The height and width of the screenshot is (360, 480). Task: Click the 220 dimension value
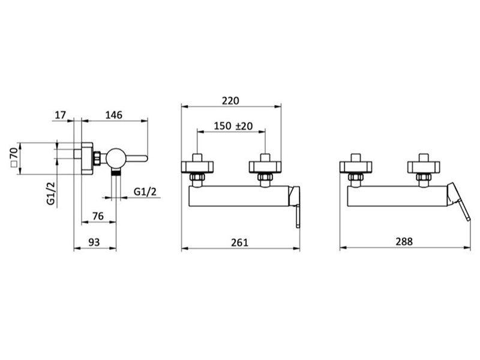click(230, 101)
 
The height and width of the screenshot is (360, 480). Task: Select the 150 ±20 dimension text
click(233, 126)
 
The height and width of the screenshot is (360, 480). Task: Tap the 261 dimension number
click(239, 242)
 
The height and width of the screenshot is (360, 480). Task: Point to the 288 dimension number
click(404, 242)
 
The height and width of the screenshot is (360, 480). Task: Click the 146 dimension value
click(113, 115)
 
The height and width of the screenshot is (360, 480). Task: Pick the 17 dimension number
click(61, 115)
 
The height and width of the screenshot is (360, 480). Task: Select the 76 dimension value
click(98, 216)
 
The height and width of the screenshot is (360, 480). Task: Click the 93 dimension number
click(94, 242)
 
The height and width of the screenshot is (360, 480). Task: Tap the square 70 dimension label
click(14, 157)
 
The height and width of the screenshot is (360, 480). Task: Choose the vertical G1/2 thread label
click(51, 193)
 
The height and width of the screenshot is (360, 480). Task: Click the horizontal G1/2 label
click(145, 191)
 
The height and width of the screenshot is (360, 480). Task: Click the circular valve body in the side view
click(116, 158)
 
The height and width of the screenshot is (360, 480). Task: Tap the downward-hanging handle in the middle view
click(298, 217)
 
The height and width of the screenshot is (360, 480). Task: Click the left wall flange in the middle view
click(197, 167)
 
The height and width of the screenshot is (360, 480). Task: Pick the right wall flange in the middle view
click(265, 167)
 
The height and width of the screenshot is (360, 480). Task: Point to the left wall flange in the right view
click(356, 167)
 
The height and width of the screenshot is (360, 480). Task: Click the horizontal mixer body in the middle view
click(239, 196)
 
